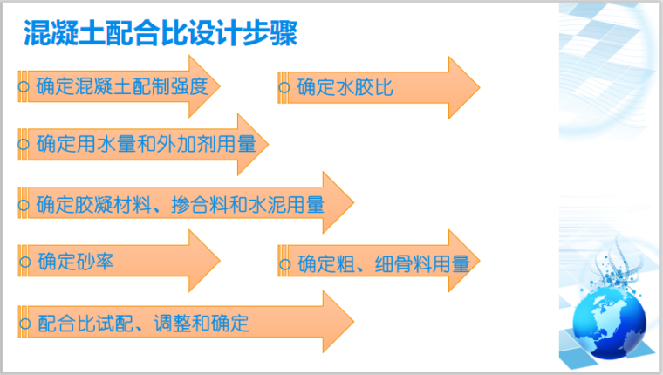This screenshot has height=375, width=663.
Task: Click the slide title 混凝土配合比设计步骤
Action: click(161, 34)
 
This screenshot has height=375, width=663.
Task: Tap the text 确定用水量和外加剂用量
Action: click(147, 144)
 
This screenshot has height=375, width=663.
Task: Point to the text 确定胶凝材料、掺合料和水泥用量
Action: click(181, 205)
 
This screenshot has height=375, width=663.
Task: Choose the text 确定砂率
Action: click(76, 260)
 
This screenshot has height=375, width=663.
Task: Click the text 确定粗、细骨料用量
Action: click(383, 262)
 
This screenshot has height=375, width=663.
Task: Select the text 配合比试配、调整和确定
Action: click(144, 324)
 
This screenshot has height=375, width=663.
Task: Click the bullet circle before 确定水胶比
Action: click(284, 88)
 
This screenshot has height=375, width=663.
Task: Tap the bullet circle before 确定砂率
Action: click(24, 261)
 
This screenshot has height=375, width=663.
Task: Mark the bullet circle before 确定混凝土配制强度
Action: click(24, 88)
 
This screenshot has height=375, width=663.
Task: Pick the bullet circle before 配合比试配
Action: click(24, 324)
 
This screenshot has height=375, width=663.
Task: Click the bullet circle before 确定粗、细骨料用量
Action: click(284, 263)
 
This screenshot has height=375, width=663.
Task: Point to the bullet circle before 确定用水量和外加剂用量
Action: click(24, 145)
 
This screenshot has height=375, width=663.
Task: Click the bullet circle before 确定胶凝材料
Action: click(24, 206)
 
